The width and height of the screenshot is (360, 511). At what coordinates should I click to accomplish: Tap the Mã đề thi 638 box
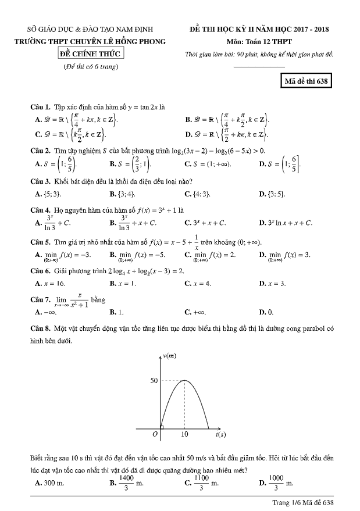(306, 81)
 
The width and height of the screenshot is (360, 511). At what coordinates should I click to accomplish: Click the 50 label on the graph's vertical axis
(154, 381)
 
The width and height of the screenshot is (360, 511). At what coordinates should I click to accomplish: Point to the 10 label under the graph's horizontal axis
(184, 434)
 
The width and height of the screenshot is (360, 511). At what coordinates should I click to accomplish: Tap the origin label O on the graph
(155, 434)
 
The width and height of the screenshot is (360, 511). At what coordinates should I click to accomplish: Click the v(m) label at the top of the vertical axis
(170, 355)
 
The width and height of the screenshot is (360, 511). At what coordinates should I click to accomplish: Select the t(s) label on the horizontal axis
(220, 434)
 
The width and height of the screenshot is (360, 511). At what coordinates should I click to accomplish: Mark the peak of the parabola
(184, 381)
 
